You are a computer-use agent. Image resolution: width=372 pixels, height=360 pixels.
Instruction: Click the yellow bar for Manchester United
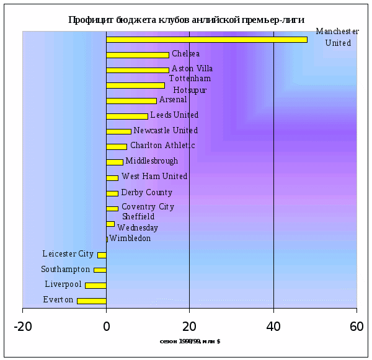(206, 40)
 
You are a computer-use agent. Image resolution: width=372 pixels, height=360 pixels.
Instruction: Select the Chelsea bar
(137, 55)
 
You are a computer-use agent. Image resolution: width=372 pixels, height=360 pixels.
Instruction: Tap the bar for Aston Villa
(137, 70)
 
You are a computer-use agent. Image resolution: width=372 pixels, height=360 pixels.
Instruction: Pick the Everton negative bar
(92, 301)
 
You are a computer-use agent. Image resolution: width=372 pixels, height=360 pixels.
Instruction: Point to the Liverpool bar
(95, 285)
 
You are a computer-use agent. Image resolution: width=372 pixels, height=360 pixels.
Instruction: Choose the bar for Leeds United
(127, 116)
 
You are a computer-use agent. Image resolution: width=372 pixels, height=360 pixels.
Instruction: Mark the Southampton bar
(100, 270)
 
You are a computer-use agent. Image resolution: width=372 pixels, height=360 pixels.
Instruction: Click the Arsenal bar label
(172, 100)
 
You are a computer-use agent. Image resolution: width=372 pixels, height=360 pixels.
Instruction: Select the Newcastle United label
(166, 131)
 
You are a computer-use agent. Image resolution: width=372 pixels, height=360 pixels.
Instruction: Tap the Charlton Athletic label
(162, 146)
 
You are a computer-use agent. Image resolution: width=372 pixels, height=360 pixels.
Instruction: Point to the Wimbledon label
(130, 239)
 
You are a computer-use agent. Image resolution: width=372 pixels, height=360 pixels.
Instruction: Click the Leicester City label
(68, 254)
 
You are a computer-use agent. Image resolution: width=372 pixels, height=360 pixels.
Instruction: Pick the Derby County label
(146, 193)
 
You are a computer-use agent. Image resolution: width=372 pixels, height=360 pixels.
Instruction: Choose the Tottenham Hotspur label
(190, 84)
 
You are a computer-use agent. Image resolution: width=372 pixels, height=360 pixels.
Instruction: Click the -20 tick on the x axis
(22, 327)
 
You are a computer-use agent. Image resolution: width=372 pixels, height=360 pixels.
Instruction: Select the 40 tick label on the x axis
(273, 327)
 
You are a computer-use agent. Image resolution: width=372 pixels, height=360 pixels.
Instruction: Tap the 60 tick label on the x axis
(356, 327)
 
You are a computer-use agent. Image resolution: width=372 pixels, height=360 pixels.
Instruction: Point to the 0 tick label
(106, 327)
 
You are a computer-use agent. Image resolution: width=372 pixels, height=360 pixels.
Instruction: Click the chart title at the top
(186, 20)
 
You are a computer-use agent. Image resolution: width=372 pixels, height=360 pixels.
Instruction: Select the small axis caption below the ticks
(190, 341)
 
